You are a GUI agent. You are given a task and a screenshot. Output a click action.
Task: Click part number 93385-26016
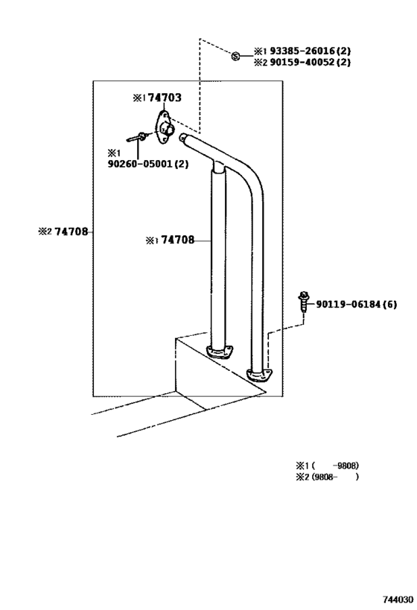[302, 51]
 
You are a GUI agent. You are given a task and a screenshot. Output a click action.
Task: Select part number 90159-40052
[302, 63]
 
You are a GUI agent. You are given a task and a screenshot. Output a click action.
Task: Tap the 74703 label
[165, 98]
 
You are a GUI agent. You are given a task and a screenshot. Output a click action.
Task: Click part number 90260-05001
[140, 164]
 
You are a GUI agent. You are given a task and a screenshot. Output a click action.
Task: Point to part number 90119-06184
[348, 304]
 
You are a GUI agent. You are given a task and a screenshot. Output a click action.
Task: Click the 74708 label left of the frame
[71, 232]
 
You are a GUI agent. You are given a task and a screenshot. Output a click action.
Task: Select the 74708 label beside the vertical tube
[178, 240]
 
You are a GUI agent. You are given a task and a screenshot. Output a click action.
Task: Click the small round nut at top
[235, 57]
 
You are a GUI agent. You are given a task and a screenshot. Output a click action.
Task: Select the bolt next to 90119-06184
[303, 301]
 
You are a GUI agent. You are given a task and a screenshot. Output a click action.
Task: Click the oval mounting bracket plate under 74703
[164, 127]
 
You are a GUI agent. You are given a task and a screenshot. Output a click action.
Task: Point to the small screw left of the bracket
[136, 137]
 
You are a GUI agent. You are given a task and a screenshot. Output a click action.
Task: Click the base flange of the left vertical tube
[220, 352]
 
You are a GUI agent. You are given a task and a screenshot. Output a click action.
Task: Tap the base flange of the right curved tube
[259, 375]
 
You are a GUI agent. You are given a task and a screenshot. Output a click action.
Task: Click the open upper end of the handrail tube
[182, 137]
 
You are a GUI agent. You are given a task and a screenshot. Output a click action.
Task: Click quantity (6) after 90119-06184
[389, 304]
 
